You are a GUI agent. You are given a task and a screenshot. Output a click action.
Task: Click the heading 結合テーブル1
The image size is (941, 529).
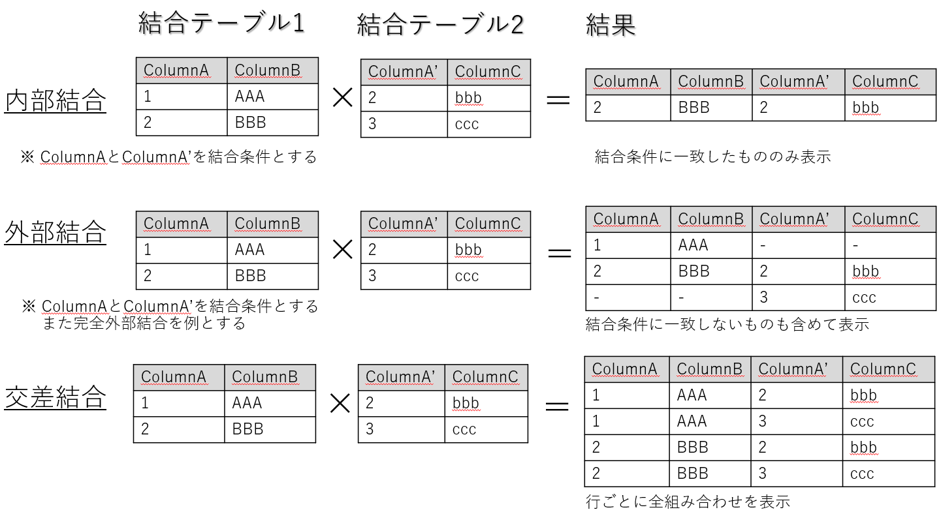221,23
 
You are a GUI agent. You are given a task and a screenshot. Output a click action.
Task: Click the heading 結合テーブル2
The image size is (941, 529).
440,24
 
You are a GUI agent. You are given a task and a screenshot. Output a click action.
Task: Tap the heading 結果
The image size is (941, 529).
611,25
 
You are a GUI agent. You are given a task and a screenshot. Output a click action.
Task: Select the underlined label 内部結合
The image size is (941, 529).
56,100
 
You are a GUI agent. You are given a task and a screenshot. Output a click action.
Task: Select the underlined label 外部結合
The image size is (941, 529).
56,232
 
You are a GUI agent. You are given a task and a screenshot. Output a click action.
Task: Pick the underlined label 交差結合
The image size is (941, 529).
56,397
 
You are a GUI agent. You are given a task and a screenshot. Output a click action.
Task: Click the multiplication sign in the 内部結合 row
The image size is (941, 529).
342,98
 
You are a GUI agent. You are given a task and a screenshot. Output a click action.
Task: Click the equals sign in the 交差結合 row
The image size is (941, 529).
557,406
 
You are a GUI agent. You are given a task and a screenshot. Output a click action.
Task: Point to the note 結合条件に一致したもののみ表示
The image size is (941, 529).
713,157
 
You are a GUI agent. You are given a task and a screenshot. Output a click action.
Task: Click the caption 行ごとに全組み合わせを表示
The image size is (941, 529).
688,502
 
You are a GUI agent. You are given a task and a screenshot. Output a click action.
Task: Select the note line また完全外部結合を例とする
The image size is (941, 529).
144,324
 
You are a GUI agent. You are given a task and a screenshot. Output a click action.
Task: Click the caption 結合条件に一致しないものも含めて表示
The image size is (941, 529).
727,324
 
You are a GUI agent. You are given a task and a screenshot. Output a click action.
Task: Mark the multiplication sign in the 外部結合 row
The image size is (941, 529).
342,250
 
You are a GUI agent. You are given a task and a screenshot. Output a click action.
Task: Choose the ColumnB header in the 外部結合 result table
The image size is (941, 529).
710,219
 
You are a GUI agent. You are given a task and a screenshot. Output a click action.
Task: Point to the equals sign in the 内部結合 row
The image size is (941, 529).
558,99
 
